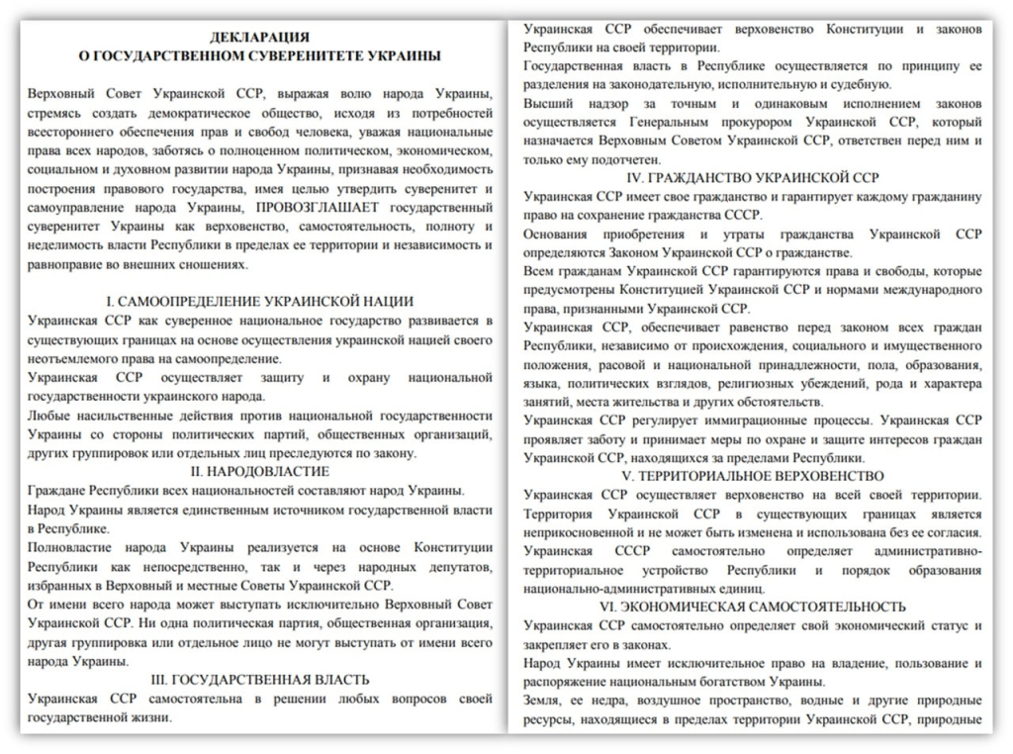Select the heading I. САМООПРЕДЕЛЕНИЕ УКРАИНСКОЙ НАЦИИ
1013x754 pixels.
[x=259, y=301]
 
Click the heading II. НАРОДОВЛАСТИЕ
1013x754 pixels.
[x=259, y=472]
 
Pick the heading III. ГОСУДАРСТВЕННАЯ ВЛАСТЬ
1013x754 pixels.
[x=259, y=680]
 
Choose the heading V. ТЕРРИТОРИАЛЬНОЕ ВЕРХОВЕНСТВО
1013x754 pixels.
[x=755, y=476]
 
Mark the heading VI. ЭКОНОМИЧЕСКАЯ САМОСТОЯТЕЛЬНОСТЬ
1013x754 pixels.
[x=755, y=607]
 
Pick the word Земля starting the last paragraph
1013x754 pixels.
[x=543, y=701]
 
